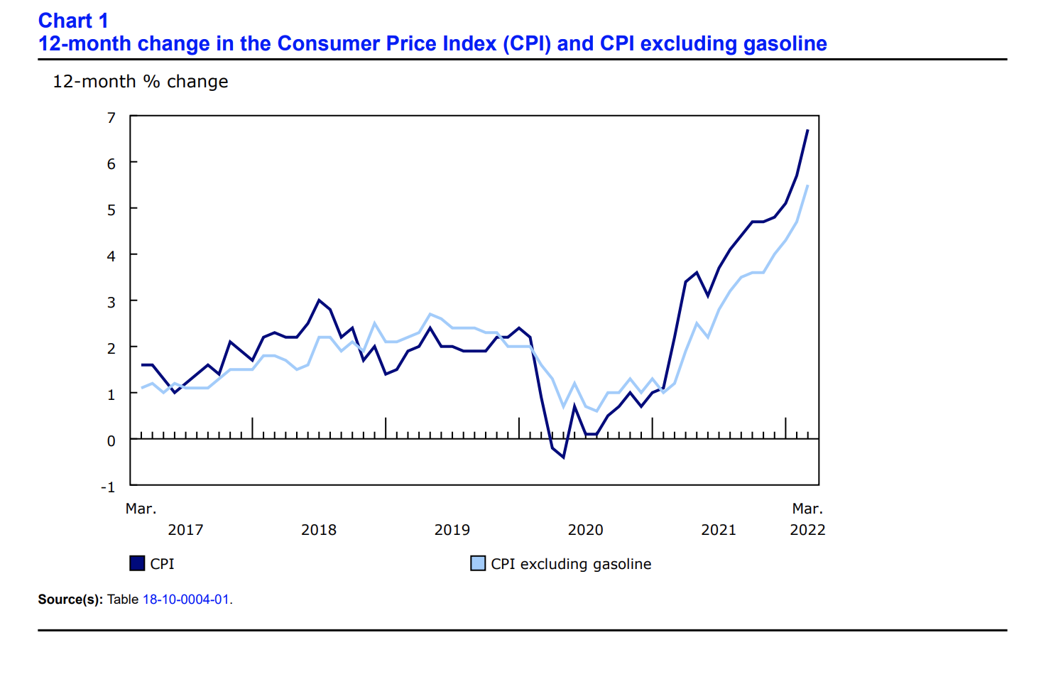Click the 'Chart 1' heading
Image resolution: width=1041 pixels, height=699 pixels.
73,21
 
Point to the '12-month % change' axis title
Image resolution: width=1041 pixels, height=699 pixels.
140,82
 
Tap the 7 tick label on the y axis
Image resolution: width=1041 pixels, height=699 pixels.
111,118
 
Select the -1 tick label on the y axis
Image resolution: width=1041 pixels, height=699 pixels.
108,487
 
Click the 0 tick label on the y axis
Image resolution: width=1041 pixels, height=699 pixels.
111,441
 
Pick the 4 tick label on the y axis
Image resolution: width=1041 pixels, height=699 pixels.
111,256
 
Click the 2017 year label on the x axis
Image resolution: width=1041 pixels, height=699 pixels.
185,530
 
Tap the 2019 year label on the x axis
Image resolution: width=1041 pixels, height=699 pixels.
452,530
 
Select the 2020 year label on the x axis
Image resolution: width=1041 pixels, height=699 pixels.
585,530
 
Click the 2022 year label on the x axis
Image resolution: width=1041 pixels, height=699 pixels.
807,530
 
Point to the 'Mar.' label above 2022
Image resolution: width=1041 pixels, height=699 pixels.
807,509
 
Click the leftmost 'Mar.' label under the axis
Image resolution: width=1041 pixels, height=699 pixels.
141,509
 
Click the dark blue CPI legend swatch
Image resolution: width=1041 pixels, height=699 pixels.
137,563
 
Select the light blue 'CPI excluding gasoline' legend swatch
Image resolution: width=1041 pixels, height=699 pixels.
478,563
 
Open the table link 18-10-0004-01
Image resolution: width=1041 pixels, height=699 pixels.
186,600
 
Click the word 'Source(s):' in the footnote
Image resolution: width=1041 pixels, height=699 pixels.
70,600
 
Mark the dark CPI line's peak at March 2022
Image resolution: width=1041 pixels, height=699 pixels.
807,131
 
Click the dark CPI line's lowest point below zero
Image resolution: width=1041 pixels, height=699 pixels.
563,457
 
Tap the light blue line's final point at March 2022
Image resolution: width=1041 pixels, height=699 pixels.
807,186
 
